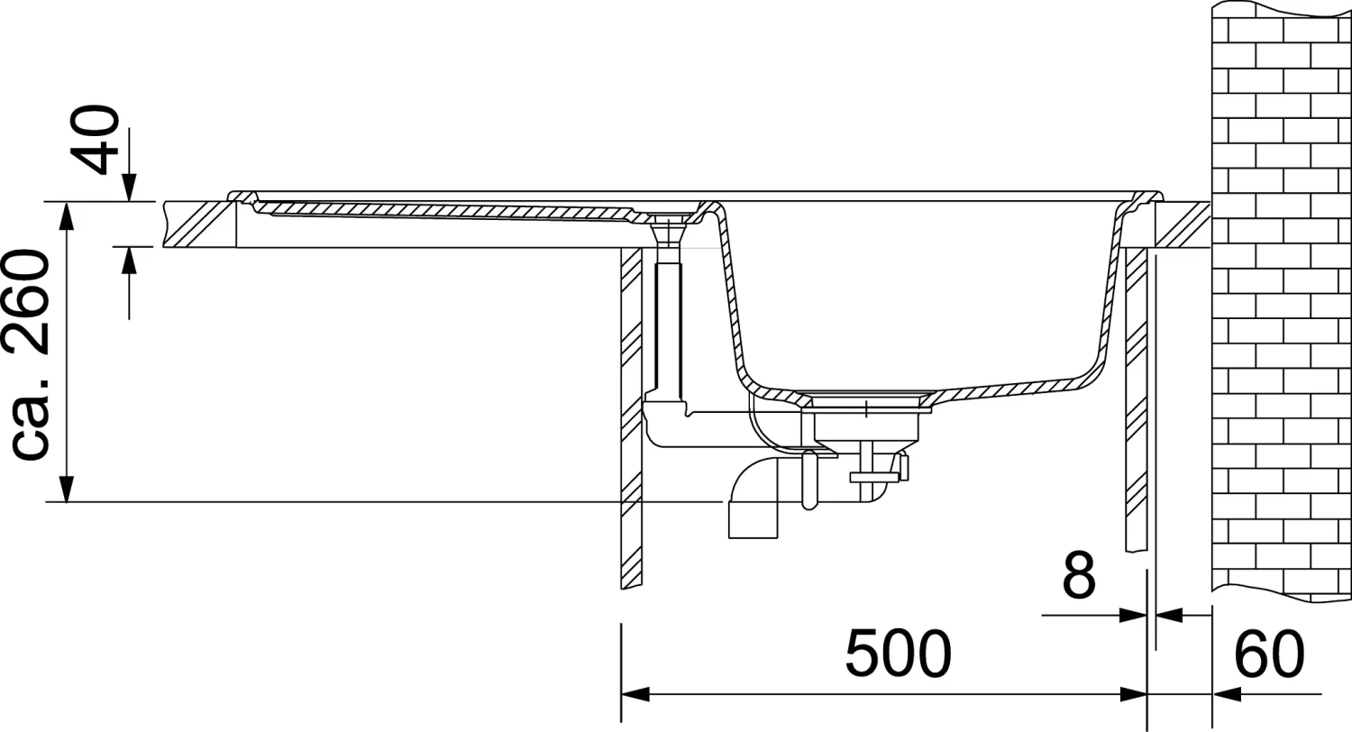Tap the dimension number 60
(1269, 654)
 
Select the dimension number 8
(1079, 574)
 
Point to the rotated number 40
(95, 140)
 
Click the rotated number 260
(26, 301)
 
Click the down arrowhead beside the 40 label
(129, 188)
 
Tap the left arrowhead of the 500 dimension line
(635, 694)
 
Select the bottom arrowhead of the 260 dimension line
(67, 489)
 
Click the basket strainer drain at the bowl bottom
(866, 416)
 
